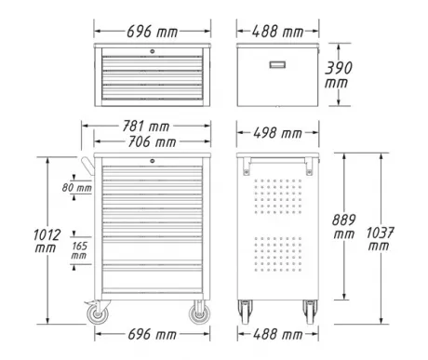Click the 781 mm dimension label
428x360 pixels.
pyautogui.click(x=146, y=127)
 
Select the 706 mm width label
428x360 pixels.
pyautogui.click(x=152, y=142)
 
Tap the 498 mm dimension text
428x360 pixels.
pyautogui.click(x=277, y=133)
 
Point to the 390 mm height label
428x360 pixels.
pyautogui.click(x=338, y=75)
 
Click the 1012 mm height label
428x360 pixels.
pyautogui.click(x=47, y=241)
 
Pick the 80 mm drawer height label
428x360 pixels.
pyautogui.click(x=77, y=188)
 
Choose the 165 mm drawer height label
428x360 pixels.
pyautogui.click(x=79, y=251)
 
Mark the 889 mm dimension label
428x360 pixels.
pyautogui.click(x=343, y=226)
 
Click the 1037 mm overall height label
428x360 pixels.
pyautogui.click(x=380, y=239)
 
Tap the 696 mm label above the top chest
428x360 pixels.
pyautogui.click(x=153, y=32)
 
